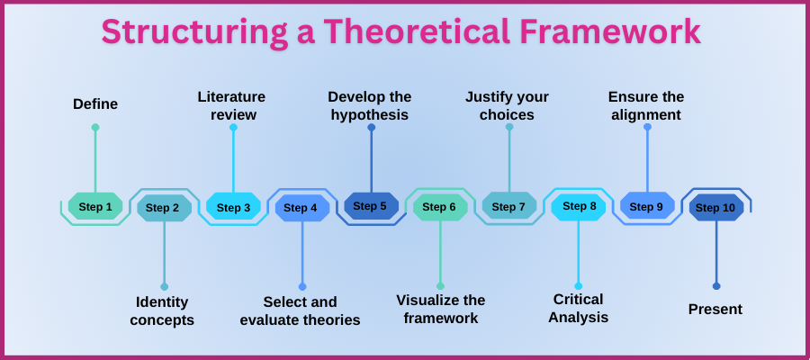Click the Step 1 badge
[x=95, y=207]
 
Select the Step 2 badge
[x=163, y=208]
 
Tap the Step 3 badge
[x=233, y=208]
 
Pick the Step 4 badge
[x=301, y=208]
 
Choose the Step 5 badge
[x=370, y=206]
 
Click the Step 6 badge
[x=439, y=207]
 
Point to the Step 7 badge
[x=508, y=207]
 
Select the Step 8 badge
[x=579, y=206]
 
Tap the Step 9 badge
[x=646, y=206]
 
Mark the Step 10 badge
[x=715, y=208]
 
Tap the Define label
[x=95, y=104]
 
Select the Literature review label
[x=232, y=105]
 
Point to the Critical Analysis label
[x=578, y=308]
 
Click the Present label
[x=715, y=309]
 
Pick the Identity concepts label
[x=162, y=310]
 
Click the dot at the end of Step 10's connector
[x=716, y=286]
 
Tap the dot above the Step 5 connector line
[x=371, y=128]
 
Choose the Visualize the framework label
[x=440, y=309]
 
